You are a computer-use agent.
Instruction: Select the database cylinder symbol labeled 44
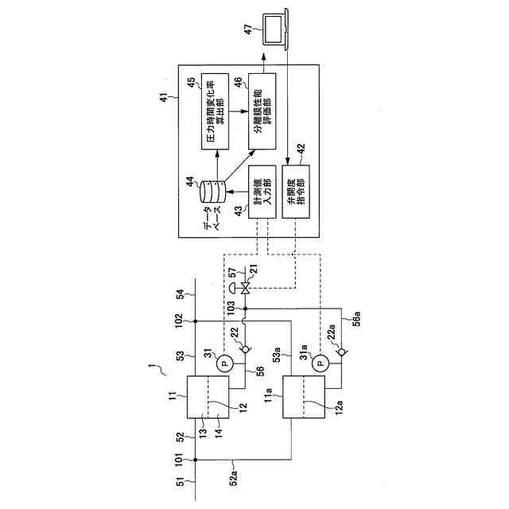212,191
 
